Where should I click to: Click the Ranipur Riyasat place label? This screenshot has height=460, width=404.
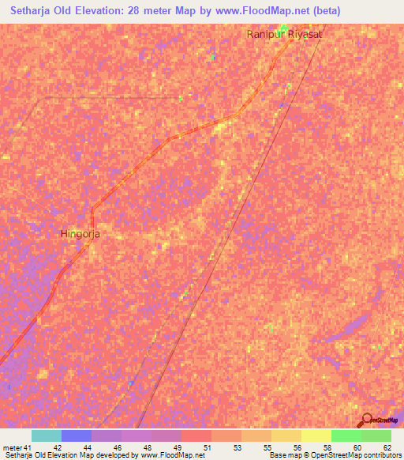pyautogui.click(x=285, y=35)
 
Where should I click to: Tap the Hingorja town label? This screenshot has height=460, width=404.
pyautogui.click(x=80, y=234)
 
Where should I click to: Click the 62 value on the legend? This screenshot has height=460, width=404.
pyautogui.click(x=387, y=446)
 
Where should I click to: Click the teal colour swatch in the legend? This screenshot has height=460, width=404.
pyautogui.click(x=47, y=435)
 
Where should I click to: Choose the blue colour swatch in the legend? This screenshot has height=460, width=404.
pyautogui.click(x=77, y=435)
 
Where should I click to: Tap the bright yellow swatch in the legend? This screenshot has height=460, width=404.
pyautogui.click(x=316, y=435)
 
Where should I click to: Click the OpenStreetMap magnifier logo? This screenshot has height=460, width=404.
pyautogui.click(x=366, y=420)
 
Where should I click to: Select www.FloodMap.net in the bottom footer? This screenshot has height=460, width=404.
pyautogui.click(x=167, y=454)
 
